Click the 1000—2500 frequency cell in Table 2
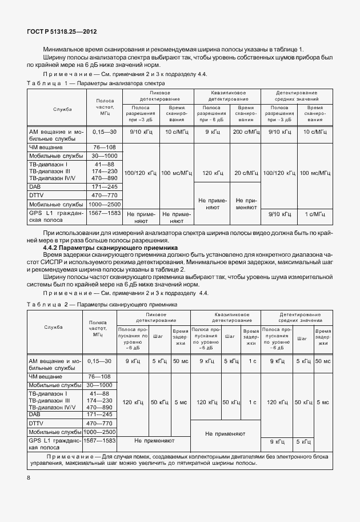100,432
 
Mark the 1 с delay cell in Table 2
251,361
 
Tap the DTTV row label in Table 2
36,423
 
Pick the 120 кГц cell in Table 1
211,172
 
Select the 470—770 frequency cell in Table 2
100,423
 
